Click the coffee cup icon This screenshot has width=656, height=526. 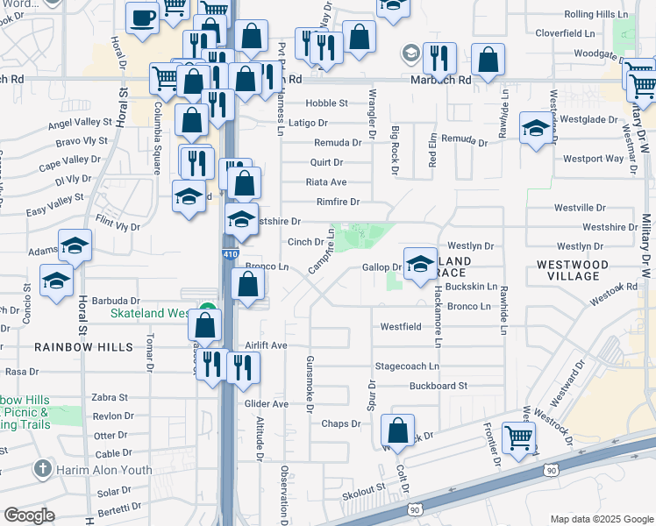(142, 18)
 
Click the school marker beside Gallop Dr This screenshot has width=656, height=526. (420, 263)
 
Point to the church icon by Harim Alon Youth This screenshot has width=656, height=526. (41, 470)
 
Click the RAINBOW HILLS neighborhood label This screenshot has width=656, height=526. (83, 347)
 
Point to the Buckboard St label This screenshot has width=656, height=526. (437, 385)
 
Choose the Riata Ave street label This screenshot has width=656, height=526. (326, 182)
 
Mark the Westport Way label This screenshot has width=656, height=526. (593, 159)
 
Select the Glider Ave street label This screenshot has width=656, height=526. (267, 404)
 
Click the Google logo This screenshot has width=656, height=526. (30, 515)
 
